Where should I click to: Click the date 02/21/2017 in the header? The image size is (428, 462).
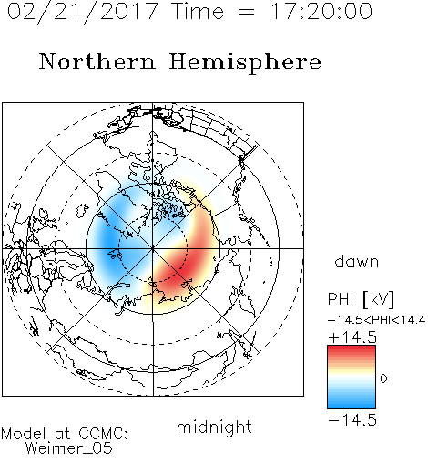(x=83, y=12)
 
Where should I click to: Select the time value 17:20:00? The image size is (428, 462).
(x=321, y=11)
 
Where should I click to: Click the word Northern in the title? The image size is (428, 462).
(x=97, y=61)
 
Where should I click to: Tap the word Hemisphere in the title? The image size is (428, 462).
(x=245, y=63)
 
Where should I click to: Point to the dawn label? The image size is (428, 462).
(x=357, y=261)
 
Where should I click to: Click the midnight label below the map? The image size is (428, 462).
(x=214, y=427)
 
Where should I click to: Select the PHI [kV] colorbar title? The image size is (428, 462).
(x=361, y=299)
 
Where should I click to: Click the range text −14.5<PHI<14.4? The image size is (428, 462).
(x=377, y=320)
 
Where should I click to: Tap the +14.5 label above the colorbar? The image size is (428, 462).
(x=352, y=337)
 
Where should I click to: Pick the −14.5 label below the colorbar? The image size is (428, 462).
(x=352, y=420)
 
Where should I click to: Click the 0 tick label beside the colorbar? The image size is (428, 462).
(x=383, y=378)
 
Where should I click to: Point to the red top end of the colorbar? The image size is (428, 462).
(x=352, y=348)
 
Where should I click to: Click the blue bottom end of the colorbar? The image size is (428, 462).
(x=352, y=406)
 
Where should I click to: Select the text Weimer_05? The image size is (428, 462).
(x=69, y=447)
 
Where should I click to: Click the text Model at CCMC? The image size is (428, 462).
(x=65, y=434)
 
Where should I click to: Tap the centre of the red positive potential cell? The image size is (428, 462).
(x=185, y=261)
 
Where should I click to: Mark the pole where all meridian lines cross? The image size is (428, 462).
(x=153, y=248)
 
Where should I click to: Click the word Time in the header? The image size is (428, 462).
(x=198, y=11)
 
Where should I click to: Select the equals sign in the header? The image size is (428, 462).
(x=247, y=12)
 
